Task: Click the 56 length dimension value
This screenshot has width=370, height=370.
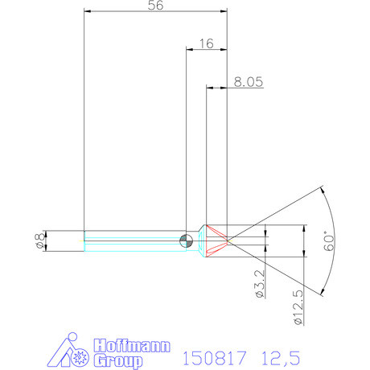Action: (x=157, y=6)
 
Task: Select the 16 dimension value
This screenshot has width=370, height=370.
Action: (x=204, y=44)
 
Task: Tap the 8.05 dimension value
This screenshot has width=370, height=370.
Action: (x=248, y=81)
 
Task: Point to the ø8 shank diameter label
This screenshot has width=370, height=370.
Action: (x=38, y=240)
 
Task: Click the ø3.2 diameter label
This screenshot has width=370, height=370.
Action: (x=260, y=286)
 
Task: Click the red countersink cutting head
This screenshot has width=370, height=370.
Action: (x=216, y=240)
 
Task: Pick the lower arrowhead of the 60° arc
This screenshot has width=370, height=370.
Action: (x=321, y=290)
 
